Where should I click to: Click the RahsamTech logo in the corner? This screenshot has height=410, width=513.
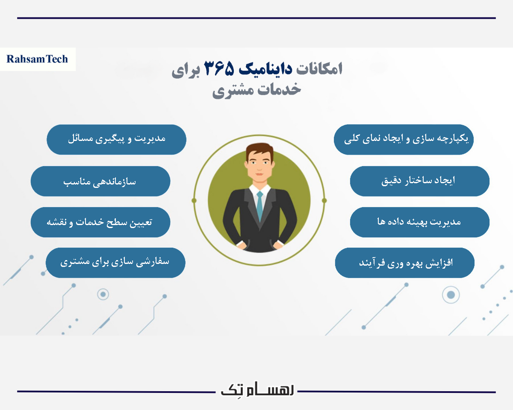(38, 59)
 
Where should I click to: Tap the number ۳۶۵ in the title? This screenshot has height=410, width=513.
(219, 69)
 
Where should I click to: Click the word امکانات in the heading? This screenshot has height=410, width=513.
(320, 69)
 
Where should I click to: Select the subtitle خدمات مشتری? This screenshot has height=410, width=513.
(257, 90)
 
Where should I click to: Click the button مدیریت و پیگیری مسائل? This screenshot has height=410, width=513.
(116, 139)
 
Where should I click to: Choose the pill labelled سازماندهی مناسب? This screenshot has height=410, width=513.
(100, 181)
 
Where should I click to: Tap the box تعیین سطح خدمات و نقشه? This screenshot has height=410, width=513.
(100, 222)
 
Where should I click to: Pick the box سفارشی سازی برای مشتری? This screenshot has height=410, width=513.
(115, 263)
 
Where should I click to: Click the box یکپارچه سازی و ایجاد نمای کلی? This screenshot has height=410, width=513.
(404, 139)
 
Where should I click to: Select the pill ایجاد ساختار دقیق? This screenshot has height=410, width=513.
(419, 181)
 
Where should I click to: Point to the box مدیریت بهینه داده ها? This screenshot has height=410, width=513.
(419, 222)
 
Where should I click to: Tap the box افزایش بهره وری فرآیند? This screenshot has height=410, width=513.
(404, 263)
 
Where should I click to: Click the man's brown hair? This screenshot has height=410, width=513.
(259, 150)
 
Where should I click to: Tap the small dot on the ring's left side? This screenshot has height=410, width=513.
(194, 200)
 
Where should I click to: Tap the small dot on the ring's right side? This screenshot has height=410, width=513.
(324, 200)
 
